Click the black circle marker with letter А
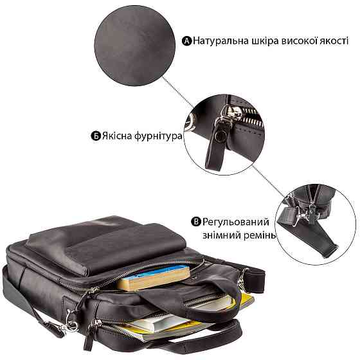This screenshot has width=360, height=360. (186, 41)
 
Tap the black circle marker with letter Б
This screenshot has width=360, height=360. (96, 136)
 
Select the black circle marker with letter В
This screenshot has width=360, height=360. (196, 222)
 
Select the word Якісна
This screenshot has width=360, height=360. (116, 136)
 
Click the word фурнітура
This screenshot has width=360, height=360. (158, 136)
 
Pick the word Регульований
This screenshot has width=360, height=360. (235, 222)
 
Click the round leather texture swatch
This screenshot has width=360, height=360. (135, 46)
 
